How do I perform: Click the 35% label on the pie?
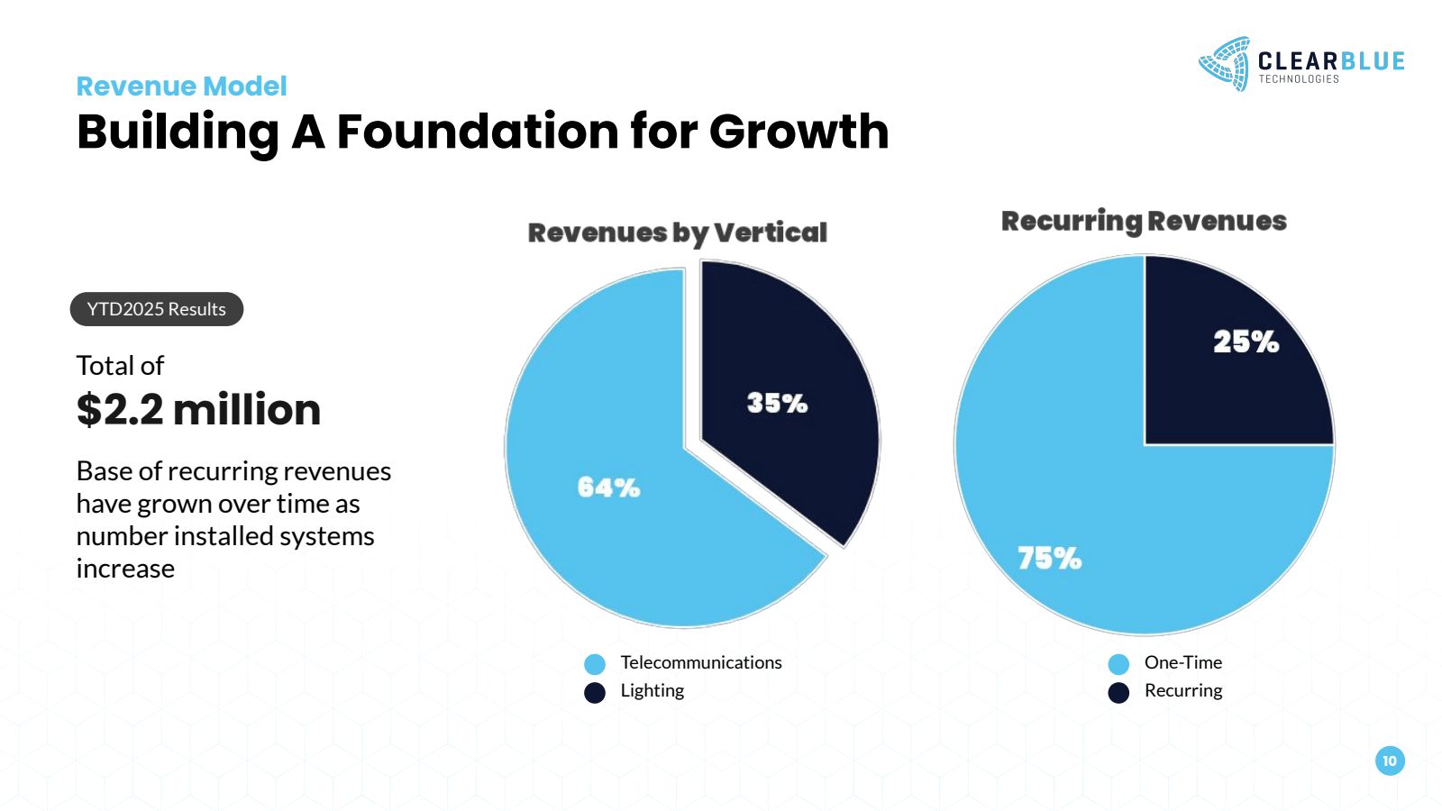[777, 403]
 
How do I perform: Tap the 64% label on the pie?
[608, 488]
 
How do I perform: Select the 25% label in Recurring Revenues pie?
[1246, 342]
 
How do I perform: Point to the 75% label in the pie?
[1049, 559]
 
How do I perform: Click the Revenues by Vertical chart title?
[677, 232]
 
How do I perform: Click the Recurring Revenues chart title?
[1144, 221]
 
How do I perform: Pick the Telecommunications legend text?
[700, 662]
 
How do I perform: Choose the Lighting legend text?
[652, 690]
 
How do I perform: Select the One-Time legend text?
[1182, 662]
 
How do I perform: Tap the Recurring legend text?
[1182, 690]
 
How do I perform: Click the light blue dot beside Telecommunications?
[595, 665]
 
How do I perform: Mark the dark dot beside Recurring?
[1118, 692]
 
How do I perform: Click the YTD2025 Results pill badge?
[157, 309]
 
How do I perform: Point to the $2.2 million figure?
[198, 409]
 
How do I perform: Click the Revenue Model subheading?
[181, 86]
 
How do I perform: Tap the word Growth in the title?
[799, 132]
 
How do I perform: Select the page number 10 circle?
[1390, 761]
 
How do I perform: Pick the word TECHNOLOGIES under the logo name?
[1299, 79]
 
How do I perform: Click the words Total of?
[120, 366]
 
